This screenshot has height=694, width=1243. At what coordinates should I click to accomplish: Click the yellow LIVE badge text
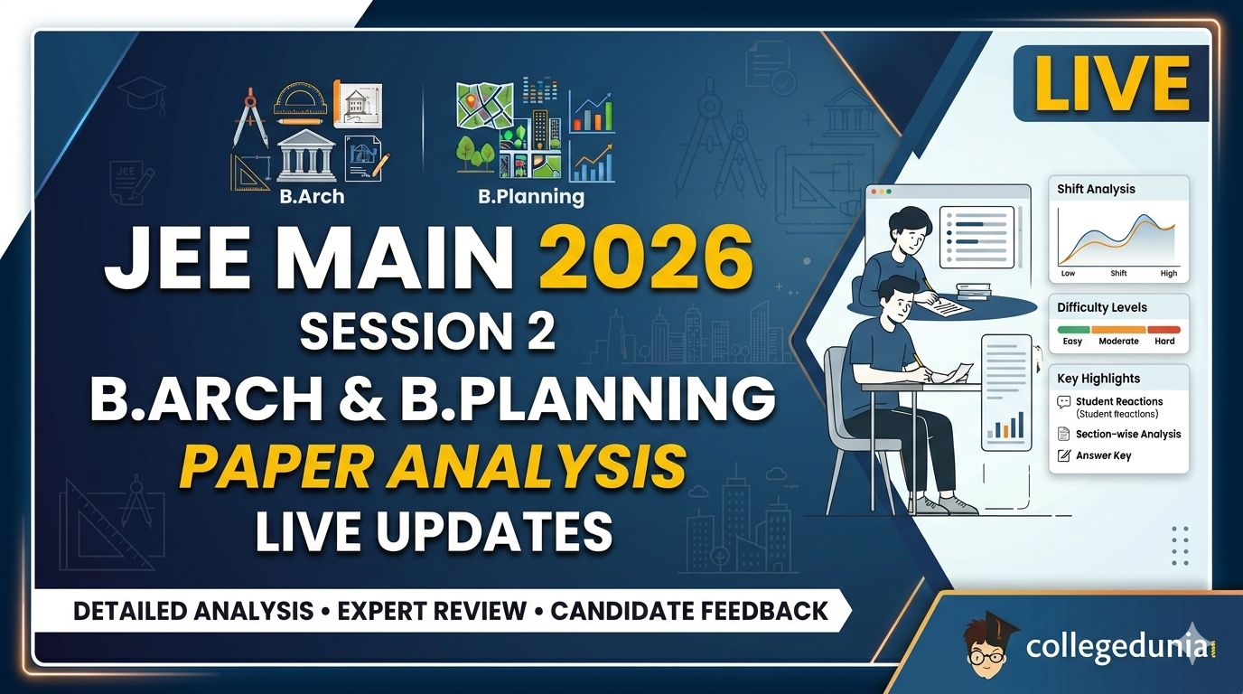click(1111, 83)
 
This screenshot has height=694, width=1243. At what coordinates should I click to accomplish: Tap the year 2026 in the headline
click(646, 258)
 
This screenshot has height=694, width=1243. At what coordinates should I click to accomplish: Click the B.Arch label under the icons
click(312, 196)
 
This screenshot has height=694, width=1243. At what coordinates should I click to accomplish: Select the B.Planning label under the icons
click(531, 196)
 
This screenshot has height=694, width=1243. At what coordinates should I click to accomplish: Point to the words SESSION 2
click(427, 331)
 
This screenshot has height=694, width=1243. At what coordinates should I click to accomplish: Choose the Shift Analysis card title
click(1096, 190)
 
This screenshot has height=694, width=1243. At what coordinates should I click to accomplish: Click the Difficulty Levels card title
click(1101, 307)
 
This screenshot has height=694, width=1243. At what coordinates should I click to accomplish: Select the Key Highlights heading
click(1098, 379)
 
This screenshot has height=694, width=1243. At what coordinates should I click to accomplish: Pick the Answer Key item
click(1103, 455)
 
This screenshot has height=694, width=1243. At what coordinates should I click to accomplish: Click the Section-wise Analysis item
click(1128, 434)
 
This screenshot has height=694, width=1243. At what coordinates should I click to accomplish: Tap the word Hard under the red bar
click(1164, 341)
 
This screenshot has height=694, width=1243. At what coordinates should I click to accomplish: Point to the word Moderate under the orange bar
click(1118, 341)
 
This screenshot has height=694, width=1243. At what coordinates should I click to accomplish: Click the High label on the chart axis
click(1169, 273)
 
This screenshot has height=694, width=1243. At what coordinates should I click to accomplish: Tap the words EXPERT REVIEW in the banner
click(432, 611)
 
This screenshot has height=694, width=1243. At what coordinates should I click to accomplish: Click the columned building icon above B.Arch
click(306, 156)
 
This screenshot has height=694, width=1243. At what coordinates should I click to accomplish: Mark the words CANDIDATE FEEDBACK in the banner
click(689, 611)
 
